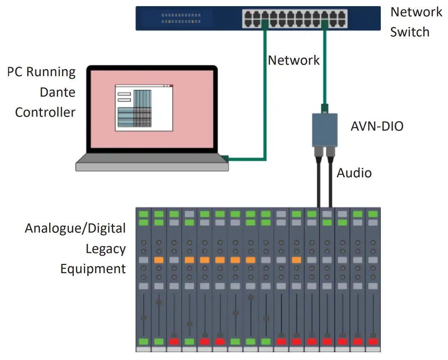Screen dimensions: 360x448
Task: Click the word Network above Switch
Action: tap(416, 12)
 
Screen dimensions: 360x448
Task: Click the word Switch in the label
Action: tap(409, 32)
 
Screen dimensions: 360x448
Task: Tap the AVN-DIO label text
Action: tap(377, 126)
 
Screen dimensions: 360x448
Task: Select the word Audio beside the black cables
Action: tap(354, 173)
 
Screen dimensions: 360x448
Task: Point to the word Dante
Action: tap(57, 92)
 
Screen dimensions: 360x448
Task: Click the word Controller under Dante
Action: tap(45, 112)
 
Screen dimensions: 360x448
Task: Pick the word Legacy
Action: tap(105, 249)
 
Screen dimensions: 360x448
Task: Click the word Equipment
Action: tap(93, 269)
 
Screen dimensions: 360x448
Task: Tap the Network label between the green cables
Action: tap(293, 60)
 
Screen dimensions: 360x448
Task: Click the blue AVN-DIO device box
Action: tap(324, 129)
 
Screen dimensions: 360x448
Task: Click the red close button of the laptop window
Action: tap(171, 86)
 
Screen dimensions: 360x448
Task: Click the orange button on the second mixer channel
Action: tap(159, 260)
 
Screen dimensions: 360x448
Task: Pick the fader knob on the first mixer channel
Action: tap(143, 318)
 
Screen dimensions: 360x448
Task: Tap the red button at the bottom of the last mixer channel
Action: tap(373, 341)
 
